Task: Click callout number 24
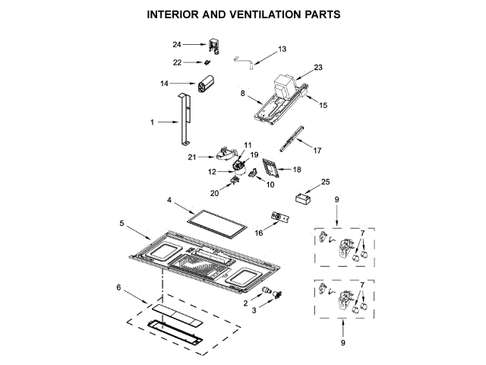[177, 46]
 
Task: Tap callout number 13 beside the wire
[282, 49]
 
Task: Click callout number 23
[317, 68]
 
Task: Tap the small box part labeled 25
[305, 198]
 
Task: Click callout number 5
[122, 224]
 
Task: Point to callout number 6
[118, 287]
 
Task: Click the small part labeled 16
[280, 218]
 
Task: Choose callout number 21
[192, 158]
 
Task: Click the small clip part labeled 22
[207, 63]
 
